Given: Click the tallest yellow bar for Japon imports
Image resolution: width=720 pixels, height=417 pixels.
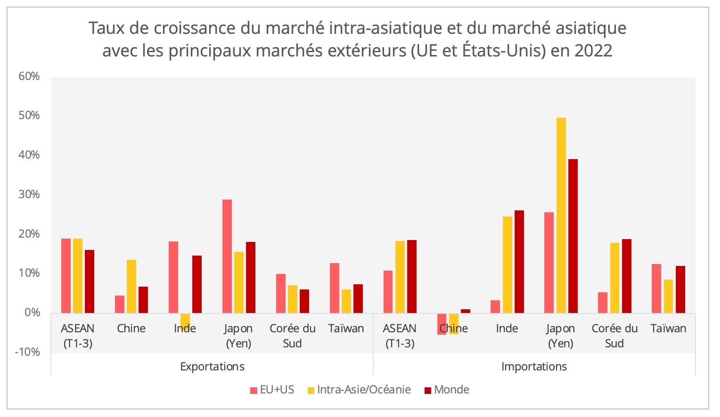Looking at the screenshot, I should pyautogui.click(x=561, y=215).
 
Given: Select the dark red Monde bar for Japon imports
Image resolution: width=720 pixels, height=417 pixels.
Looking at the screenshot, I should pyautogui.click(x=573, y=236).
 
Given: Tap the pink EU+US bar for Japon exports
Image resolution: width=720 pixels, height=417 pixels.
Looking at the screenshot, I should pyautogui.click(x=227, y=256).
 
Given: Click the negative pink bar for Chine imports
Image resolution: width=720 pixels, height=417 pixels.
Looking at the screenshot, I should pyautogui.click(x=442, y=324).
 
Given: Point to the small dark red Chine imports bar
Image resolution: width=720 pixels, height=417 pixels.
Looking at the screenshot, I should pyautogui.click(x=466, y=311).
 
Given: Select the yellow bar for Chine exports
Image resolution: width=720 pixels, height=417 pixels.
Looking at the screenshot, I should pyautogui.click(x=131, y=286).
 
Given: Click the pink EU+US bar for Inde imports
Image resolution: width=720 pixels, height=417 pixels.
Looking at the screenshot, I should pyautogui.click(x=495, y=306).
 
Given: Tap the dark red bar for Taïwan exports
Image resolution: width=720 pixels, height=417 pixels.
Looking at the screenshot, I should pyautogui.click(x=358, y=298).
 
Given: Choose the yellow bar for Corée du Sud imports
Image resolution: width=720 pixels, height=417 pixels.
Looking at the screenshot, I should pyautogui.click(x=614, y=278).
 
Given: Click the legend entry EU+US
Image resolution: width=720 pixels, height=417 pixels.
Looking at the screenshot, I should pyautogui.click(x=272, y=390).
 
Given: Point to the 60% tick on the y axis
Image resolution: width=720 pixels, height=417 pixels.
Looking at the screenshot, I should pyautogui.click(x=29, y=76).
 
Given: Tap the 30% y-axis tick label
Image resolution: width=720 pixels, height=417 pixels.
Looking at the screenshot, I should pyautogui.click(x=29, y=194).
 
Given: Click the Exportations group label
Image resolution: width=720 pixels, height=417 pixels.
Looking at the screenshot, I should pyautogui.click(x=212, y=366).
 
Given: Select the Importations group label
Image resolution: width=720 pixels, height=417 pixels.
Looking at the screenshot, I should pyautogui.click(x=534, y=366).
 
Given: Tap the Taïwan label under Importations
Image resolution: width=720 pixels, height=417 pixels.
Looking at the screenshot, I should pyautogui.click(x=668, y=329).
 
